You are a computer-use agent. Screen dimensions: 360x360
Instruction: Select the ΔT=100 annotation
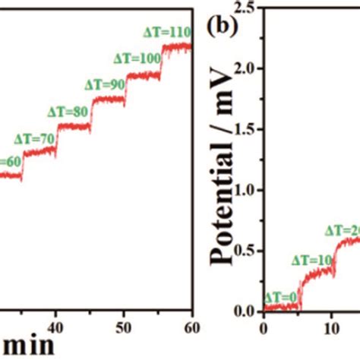click(x=136, y=58)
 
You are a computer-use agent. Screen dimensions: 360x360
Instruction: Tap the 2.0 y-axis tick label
click(x=245, y=68)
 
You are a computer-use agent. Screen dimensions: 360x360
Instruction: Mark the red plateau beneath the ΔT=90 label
click(x=109, y=100)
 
